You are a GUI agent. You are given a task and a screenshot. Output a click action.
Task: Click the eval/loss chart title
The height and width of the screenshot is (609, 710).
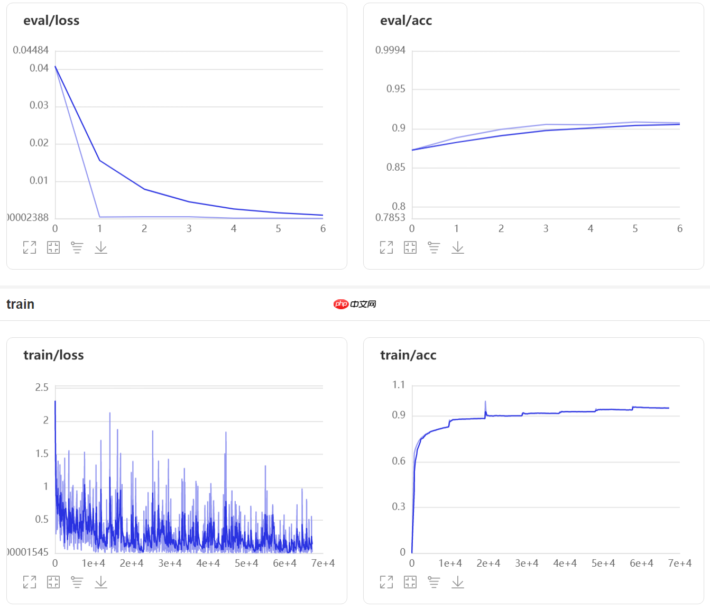51,21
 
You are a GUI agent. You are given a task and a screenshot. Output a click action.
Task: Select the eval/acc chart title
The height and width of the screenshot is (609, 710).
406,21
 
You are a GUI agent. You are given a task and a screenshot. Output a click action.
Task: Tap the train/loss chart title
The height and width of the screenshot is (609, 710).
53,355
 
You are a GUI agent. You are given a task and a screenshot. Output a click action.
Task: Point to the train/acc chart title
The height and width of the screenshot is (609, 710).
408,355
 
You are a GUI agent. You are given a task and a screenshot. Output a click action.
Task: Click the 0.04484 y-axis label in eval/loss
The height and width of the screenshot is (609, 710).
31,50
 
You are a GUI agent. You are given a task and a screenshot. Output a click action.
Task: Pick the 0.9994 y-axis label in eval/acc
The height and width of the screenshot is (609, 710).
390,50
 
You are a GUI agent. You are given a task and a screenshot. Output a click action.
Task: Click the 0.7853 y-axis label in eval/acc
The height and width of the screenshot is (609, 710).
390,217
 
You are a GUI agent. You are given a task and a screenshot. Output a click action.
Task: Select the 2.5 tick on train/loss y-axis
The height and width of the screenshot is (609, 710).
42,387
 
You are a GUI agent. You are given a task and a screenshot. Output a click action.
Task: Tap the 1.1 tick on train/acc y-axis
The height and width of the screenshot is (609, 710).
399,385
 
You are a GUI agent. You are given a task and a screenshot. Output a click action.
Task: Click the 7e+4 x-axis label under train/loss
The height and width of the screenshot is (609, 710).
322,564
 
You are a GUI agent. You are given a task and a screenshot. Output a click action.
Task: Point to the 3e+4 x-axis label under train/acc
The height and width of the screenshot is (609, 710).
527,564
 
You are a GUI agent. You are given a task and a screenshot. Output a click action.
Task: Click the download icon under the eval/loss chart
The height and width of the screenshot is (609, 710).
101,247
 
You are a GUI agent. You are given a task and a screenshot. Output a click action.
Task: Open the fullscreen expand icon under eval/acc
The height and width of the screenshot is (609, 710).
386,247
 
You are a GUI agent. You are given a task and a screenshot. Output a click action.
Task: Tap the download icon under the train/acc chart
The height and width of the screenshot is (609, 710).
458,582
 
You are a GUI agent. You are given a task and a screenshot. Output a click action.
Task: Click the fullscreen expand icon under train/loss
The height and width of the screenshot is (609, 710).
30,582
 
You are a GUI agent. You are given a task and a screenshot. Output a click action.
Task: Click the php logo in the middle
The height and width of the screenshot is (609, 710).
341,304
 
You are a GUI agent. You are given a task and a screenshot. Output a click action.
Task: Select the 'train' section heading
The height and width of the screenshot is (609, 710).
20,304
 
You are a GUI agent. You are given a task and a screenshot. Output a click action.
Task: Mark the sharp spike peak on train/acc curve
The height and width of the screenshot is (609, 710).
485,402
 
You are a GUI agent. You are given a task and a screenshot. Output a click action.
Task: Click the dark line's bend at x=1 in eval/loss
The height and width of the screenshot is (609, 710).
99,161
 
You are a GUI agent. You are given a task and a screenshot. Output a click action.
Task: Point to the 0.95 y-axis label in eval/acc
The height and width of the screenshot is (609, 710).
395,89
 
